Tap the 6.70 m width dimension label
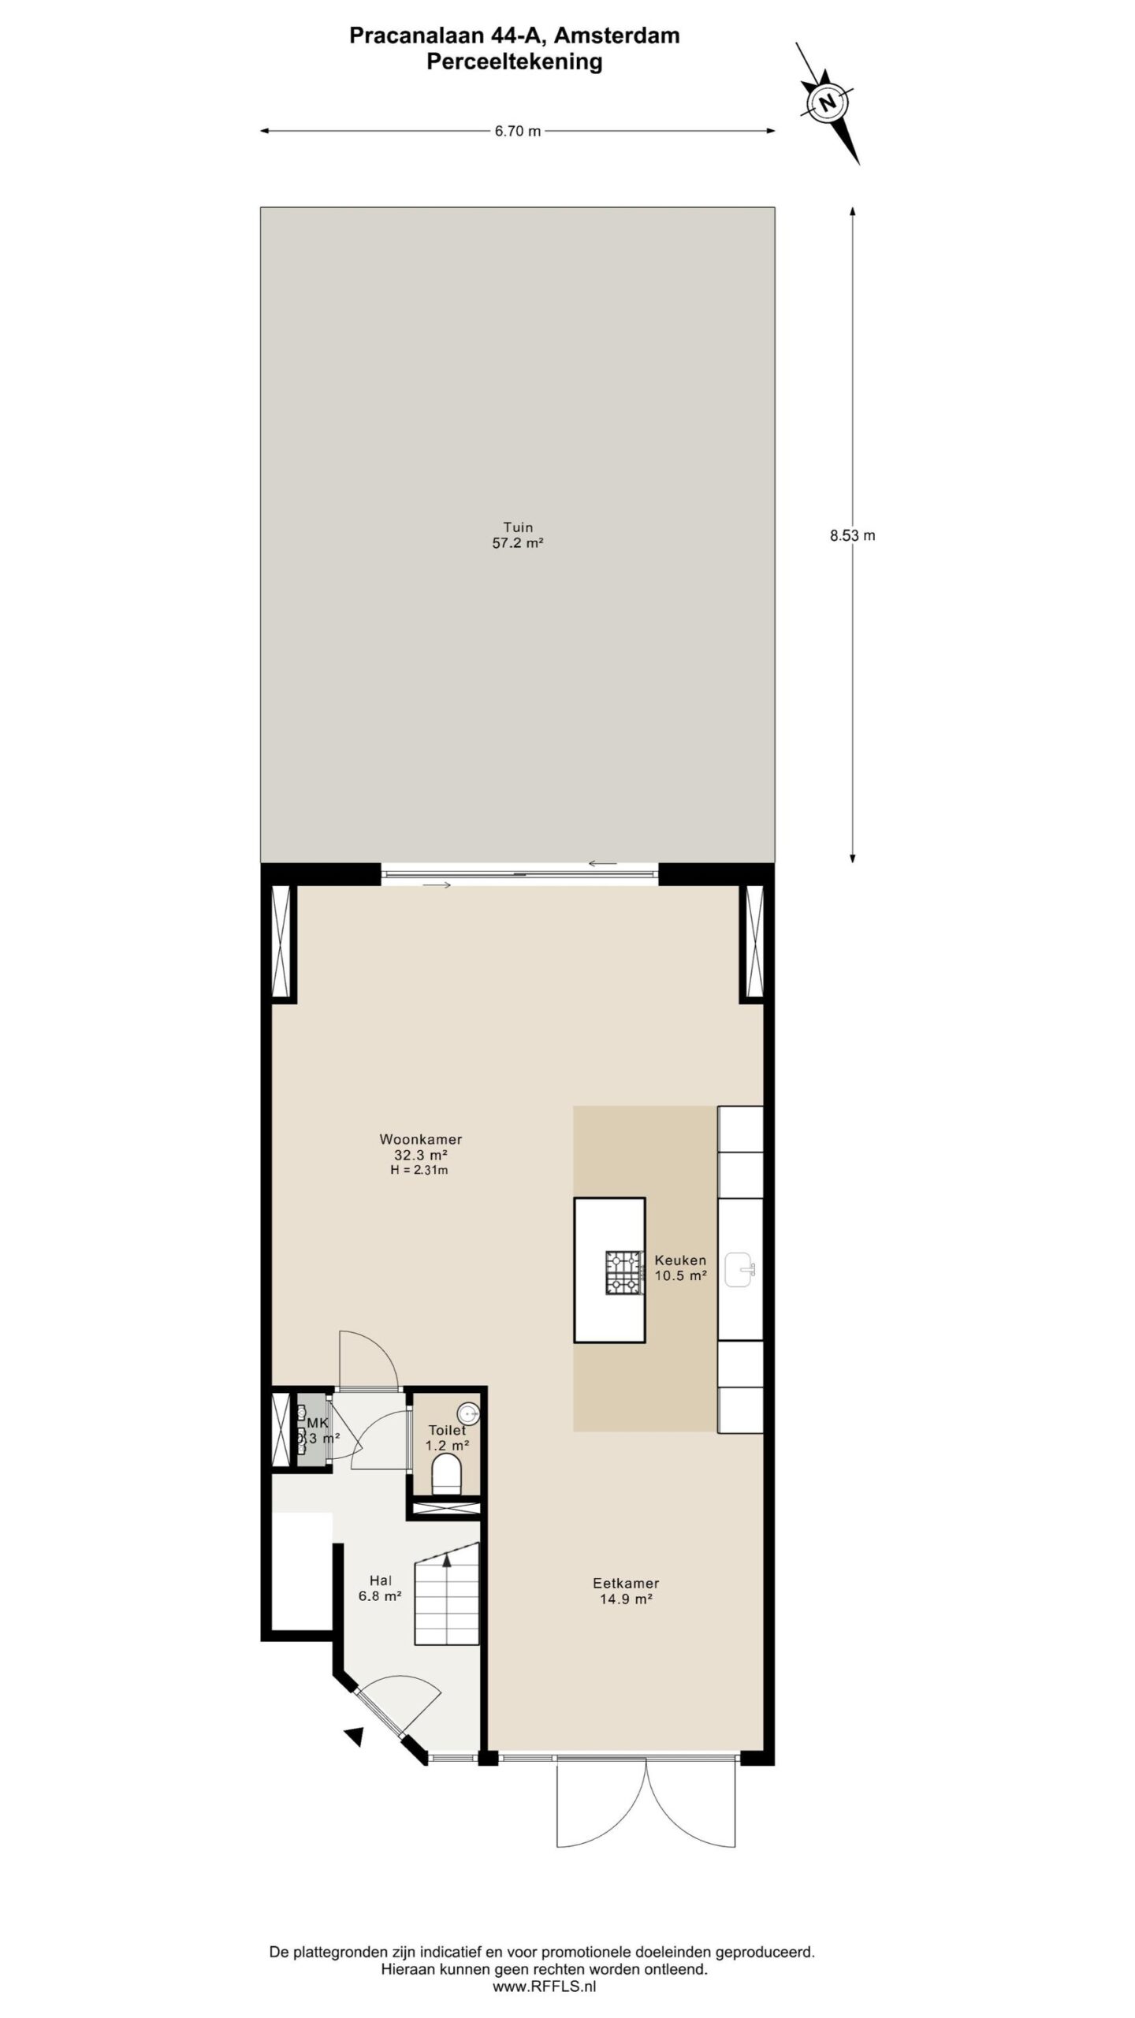point(518,132)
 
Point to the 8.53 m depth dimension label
point(852,535)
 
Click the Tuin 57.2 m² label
point(518,535)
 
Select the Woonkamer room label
point(420,1139)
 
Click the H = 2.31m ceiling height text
point(419,1171)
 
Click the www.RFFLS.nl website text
point(545,1987)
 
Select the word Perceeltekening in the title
point(515,61)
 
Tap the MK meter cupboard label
point(317,1423)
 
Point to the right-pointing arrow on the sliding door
point(437,884)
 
